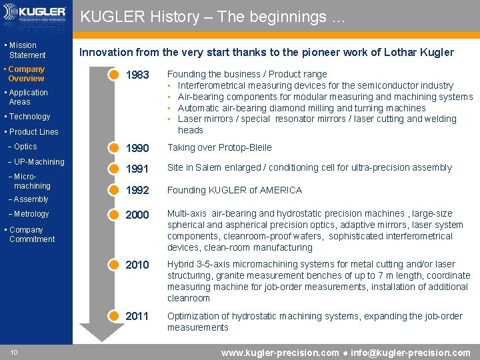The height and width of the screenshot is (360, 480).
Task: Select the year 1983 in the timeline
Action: pos(137,75)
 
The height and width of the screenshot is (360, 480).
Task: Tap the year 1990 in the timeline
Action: pos(137,148)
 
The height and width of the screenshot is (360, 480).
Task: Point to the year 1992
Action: pos(137,191)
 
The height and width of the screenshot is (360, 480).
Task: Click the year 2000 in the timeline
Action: pos(137,215)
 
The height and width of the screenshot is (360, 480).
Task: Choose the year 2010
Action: pos(137,265)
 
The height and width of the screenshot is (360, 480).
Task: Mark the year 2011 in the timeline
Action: pos(137,316)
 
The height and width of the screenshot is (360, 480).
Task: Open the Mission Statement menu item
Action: pos(27,50)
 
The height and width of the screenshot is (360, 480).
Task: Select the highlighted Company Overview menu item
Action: pos(26,73)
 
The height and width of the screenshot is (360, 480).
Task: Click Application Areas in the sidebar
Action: pos(28,97)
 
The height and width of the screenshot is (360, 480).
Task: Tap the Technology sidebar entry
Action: pos(29,117)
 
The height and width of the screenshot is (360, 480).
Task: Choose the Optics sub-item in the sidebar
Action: pos(25,147)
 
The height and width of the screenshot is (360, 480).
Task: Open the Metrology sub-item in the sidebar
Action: pos(31,214)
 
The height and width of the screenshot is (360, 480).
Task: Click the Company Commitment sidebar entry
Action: pos(31,234)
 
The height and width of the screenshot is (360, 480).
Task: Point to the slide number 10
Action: pos(14,353)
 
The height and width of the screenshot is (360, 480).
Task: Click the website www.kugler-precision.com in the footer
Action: pos(279,353)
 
